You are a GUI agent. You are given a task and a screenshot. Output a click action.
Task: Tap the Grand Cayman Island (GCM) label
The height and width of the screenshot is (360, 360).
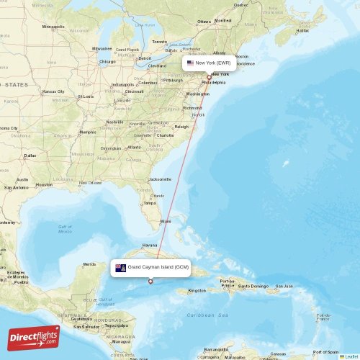[158, 267]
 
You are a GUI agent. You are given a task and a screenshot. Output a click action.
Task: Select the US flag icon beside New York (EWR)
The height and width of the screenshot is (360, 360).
[190, 63]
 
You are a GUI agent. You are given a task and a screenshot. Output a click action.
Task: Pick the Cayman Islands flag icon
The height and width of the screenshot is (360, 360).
[120, 268]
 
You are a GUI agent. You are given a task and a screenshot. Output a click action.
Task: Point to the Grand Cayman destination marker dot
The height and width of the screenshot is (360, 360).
[150, 282]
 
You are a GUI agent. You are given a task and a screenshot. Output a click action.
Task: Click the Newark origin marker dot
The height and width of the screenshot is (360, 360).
[209, 78]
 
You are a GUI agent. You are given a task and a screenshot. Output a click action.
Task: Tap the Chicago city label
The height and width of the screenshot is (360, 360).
[108, 61]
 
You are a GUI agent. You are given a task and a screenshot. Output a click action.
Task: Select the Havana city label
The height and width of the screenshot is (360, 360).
[150, 245]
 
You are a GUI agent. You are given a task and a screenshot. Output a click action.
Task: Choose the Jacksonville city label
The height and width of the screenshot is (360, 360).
[160, 179]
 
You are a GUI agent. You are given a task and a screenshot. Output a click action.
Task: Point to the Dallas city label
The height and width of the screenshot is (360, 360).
[30, 155]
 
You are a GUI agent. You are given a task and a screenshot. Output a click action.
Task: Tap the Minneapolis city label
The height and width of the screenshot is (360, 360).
[53, 27]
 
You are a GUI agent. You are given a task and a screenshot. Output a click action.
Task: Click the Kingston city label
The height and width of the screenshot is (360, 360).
[197, 291]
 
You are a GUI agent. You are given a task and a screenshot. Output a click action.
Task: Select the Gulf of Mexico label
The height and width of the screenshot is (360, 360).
[65, 229]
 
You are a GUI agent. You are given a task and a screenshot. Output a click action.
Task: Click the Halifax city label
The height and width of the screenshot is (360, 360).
[302, 30]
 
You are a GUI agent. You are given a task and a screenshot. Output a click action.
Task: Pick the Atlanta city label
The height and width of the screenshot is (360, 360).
[133, 148]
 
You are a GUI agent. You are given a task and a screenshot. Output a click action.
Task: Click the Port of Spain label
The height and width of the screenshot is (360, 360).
[325, 351]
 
